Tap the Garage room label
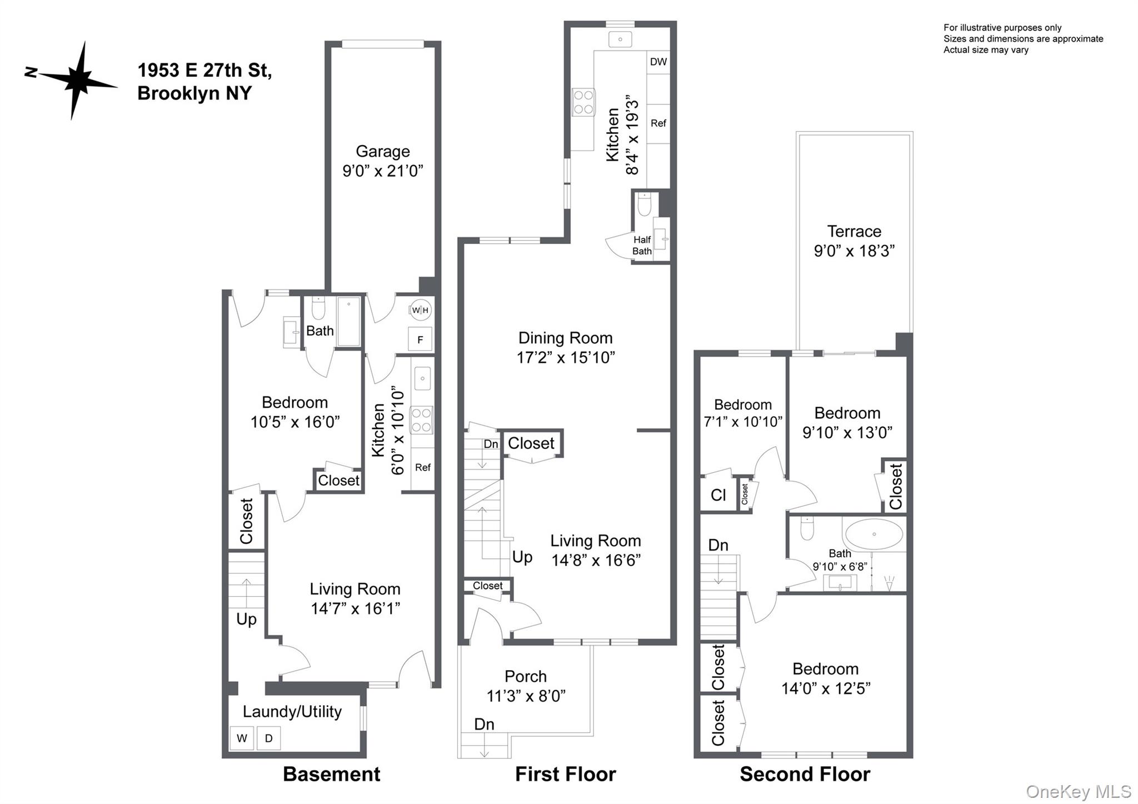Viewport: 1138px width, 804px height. [x=382, y=151]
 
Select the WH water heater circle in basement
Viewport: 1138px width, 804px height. [x=420, y=310]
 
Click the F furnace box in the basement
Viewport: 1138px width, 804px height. [x=420, y=339]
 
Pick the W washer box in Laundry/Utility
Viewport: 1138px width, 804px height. [x=242, y=738]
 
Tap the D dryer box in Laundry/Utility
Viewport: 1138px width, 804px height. [x=269, y=738]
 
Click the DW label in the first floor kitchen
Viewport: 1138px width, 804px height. [x=658, y=62]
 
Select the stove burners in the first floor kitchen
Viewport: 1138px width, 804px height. [x=583, y=102]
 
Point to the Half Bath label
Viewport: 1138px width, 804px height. [x=642, y=245]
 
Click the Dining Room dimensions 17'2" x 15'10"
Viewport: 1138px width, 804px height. [x=566, y=357]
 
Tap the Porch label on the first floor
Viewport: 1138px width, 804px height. [x=526, y=676]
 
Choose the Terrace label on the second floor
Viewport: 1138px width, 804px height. [x=854, y=231]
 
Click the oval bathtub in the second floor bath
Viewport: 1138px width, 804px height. [x=874, y=534]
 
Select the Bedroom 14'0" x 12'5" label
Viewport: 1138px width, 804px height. [x=825, y=678]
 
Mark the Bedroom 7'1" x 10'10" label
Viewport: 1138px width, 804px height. [x=743, y=413]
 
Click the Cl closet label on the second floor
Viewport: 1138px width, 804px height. [x=718, y=495]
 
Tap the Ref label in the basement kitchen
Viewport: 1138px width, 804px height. [x=422, y=467]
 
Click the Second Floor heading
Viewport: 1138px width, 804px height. [x=805, y=774]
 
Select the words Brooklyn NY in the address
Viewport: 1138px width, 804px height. [x=194, y=93]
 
